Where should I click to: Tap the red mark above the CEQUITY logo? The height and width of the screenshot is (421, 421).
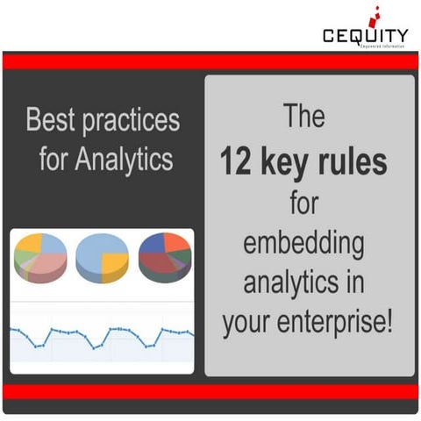pyautogui.click(x=378, y=13)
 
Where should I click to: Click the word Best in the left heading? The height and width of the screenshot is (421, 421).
pyautogui.click(x=50, y=120)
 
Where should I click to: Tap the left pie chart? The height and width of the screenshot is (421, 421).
pyautogui.click(x=39, y=260)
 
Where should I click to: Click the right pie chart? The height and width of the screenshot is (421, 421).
pyautogui.click(x=165, y=260)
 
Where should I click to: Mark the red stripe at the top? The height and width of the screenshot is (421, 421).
pyautogui.click(x=210, y=61)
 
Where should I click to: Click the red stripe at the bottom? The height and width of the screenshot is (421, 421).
pyautogui.click(x=210, y=391)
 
